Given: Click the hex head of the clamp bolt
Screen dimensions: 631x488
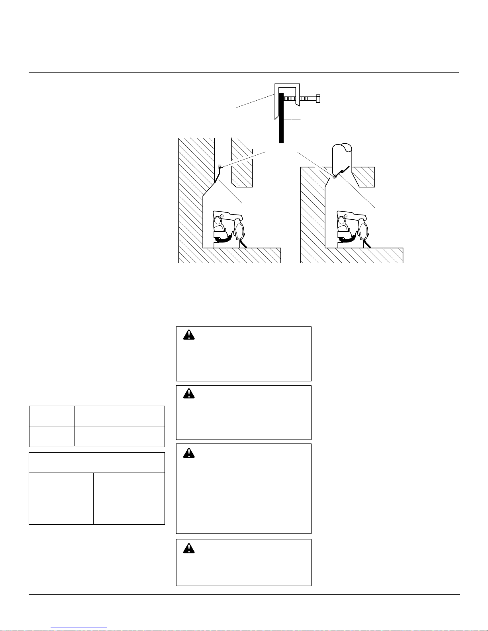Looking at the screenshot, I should [318, 98].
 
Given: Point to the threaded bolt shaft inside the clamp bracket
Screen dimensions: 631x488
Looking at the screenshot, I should [299, 98].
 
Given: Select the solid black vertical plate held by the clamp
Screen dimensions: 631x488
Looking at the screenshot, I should [281, 119].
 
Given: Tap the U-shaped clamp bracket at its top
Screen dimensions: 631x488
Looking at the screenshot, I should [286, 86].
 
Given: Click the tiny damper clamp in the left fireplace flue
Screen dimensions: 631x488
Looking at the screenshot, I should [220, 166].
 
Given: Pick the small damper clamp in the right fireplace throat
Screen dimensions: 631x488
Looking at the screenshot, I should [335, 177].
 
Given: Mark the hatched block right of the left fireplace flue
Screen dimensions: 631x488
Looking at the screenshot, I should [242, 163].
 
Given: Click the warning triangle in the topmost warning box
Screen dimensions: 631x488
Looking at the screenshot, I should [189, 335].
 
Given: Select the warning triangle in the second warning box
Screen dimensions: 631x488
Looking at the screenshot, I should [189, 393].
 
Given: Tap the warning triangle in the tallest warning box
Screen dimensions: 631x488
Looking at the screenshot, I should [189, 453].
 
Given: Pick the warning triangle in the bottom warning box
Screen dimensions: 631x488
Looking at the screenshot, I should [189, 548].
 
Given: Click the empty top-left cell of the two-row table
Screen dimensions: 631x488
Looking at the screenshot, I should [52, 416].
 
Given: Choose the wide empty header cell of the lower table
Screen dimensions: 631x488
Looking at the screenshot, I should [97, 463].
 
